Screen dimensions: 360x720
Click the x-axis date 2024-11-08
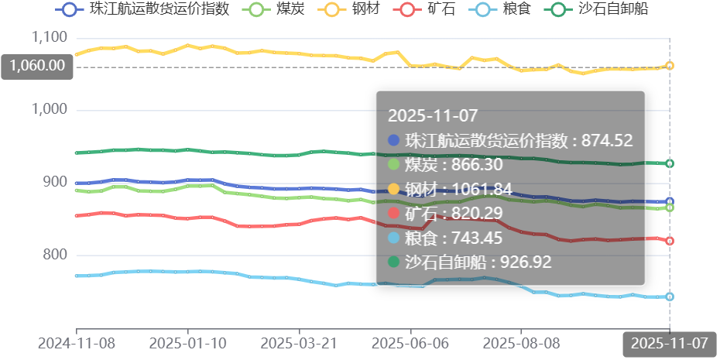(x=76, y=342)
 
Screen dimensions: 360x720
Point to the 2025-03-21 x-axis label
(x=299, y=342)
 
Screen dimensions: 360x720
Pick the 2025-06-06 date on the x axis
(x=410, y=342)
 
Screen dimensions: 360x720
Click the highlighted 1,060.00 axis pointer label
(x=37, y=66)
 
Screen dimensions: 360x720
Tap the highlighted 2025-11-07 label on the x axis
(x=670, y=343)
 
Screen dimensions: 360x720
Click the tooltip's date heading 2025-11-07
(x=433, y=116)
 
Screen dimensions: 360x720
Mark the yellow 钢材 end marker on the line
(x=670, y=66)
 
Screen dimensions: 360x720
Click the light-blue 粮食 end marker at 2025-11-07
(x=670, y=297)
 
